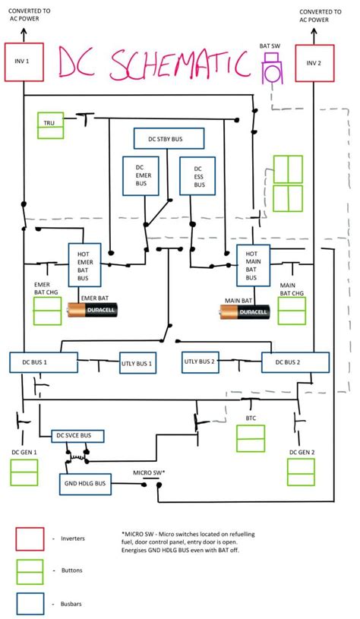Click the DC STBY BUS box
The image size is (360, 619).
[169, 138]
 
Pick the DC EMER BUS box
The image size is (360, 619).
[139, 176]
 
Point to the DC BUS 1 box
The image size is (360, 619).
[43, 362]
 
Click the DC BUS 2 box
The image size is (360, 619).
[295, 362]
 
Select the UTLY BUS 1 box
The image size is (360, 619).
[137, 364]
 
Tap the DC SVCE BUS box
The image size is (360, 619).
[77, 436]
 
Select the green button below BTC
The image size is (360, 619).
[251, 439]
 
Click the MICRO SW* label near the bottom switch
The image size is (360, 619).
[149, 472]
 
